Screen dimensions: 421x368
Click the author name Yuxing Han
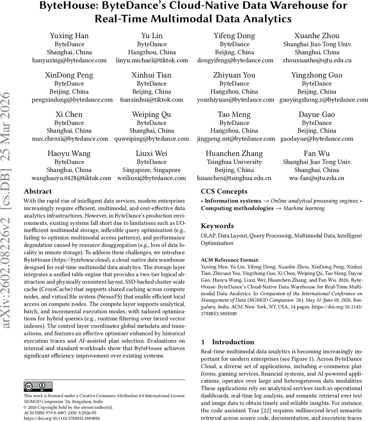pos(69,36)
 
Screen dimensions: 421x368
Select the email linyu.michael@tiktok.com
pos(152,60)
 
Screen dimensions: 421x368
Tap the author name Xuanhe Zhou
pos(317,36)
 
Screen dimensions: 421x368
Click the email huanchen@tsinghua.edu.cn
pos(234,178)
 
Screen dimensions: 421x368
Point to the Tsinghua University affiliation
pos(234,162)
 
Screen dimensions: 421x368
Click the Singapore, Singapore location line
pos(152,170)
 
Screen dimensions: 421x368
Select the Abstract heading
pos(38,192)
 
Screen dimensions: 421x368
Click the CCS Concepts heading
pos(224,192)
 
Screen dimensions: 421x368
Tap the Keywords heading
pos(217,226)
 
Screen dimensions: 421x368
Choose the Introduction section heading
pos(233,342)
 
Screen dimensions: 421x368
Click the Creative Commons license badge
pos(38,387)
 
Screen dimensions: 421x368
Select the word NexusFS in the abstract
pos(106,296)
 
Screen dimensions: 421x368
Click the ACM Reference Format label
pos(230,260)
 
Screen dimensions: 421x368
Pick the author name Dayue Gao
pos(317,114)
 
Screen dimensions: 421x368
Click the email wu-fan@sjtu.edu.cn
pos(317,178)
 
